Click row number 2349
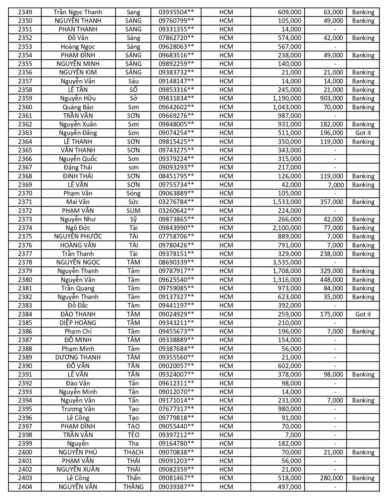point(25,12)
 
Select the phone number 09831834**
point(176,98)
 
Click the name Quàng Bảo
point(78,107)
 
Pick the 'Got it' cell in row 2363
point(363,133)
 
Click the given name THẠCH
point(133,452)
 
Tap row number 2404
point(25,487)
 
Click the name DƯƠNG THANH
point(78,357)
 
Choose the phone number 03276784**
point(176,202)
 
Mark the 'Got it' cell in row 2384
point(363,314)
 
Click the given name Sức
point(133,202)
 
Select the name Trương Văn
point(78,409)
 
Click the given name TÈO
point(133,435)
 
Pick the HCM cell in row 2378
point(226,262)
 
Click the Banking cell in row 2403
point(363,478)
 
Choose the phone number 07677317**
point(176,409)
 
